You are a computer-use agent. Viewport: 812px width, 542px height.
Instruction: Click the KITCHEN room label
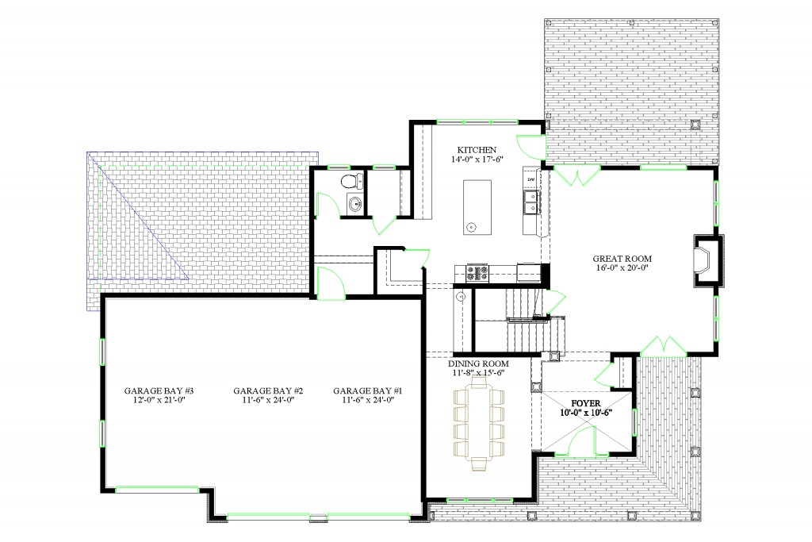click(x=477, y=149)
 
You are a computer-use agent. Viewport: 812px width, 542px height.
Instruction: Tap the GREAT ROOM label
click(x=622, y=259)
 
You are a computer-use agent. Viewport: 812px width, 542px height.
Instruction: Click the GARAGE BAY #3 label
click(x=159, y=390)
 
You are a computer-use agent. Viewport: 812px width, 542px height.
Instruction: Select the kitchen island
click(x=477, y=207)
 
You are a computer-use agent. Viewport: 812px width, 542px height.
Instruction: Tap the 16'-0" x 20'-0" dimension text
click(x=623, y=269)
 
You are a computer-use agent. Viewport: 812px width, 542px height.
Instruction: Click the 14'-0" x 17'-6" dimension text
click(x=477, y=159)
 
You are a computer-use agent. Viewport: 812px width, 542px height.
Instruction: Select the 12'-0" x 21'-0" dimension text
click(x=159, y=401)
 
